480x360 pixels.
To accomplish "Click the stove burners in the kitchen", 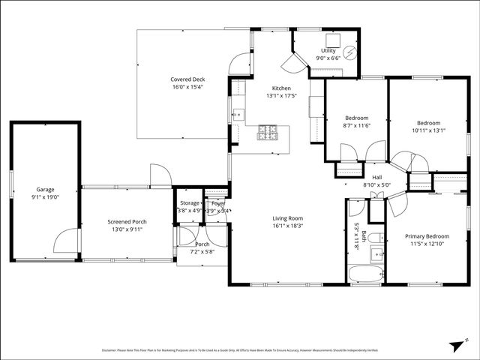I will pos(268,133).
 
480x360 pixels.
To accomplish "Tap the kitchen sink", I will pos(238,115).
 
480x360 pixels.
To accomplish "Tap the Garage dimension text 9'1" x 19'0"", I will pos(45,197).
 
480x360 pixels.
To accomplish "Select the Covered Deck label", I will pos(187,79).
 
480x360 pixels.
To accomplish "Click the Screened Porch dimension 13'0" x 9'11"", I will pos(127,230).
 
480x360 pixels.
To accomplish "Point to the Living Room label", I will pos(287,218).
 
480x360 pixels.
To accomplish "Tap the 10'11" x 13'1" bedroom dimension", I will pos(428,130).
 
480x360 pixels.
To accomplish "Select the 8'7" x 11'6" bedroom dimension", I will pos(355,126).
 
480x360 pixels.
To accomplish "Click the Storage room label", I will pos(189,202).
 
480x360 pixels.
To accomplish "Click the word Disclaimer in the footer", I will pos(111,350).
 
